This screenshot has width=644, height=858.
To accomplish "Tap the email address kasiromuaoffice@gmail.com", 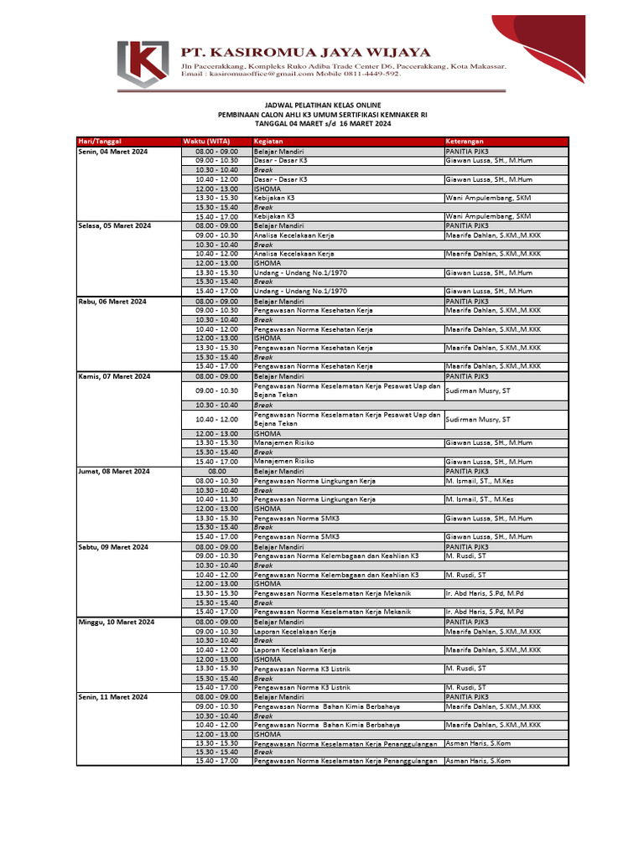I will tap(260, 74).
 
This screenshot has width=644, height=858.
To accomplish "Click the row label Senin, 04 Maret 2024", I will tap(113, 150).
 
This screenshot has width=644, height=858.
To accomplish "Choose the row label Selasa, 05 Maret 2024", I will tap(115, 226).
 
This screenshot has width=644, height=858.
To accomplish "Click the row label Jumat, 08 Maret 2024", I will tap(114, 472).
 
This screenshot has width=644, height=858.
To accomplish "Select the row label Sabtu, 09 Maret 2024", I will tap(113, 546).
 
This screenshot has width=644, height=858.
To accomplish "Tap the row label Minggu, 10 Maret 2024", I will tap(117, 623).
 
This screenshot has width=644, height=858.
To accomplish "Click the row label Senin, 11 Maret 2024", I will tap(113, 697).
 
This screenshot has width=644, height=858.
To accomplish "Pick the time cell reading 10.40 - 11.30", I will tap(217, 499).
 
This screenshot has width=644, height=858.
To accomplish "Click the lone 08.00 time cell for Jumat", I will tap(217, 472).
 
